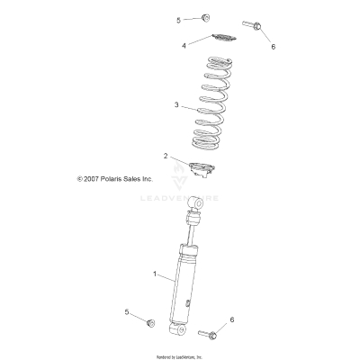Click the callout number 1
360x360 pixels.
coord(156,274)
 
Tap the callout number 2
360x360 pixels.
coord(166,156)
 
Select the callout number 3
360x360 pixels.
coord(177,104)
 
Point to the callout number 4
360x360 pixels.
coord(184,44)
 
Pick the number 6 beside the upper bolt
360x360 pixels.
coord(274,46)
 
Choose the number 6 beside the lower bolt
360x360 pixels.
coord(232,319)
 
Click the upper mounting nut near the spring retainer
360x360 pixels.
coord(205,17)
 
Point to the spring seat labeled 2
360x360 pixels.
coord(211,167)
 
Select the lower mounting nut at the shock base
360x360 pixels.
coord(151,321)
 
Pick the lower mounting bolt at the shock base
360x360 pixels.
coord(209,336)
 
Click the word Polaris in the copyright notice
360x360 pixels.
coord(112,204)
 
